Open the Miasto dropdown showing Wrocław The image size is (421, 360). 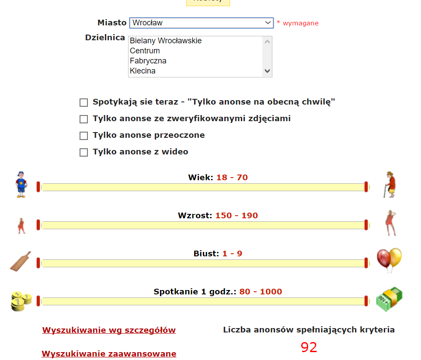(x=201, y=23)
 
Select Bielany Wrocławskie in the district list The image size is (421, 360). (x=166, y=41)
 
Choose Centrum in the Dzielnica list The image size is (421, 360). (x=145, y=51)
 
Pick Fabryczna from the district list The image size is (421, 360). (x=148, y=61)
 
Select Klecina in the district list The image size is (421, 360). (x=143, y=71)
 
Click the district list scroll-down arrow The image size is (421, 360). (x=267, y=71)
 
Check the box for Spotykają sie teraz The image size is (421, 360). (x=84, y=103)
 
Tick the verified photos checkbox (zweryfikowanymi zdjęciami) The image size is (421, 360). (x=84, y=119)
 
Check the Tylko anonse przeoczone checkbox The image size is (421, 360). (x=84, y=136)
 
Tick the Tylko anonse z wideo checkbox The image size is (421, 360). (x=84, y=152)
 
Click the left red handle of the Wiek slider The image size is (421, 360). (x=38, y=187)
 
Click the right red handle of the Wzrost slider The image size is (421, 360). (x=366, y=225)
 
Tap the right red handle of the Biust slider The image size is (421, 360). (x=366, y=263)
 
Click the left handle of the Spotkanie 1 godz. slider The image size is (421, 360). (x=38, y=301)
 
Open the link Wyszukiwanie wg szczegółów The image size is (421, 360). (x=109, y=330)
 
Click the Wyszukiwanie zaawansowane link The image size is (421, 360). (x=109, y=354)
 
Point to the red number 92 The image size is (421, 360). (x=309, y=347)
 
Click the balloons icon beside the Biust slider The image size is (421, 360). (x=389, y=259)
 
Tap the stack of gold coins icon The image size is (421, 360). (x=21, y=301)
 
